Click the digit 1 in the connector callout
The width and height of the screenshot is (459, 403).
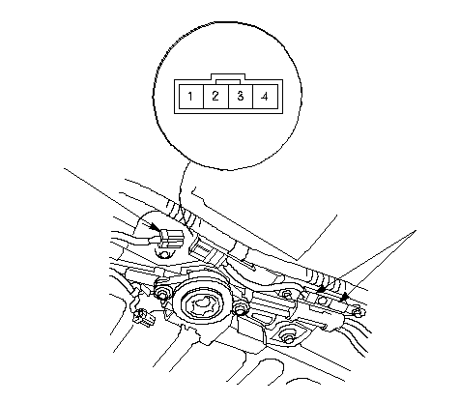point(190,96)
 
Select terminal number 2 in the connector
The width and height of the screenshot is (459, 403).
point(215,96)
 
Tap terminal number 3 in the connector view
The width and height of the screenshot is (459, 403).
point(241,96)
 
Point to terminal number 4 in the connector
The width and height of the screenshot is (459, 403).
point(265,97)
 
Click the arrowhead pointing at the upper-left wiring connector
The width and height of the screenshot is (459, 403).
point(156,227)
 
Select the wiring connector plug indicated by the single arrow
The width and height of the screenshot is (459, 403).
point(171,239)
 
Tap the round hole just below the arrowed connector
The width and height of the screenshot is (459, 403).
point(164,254)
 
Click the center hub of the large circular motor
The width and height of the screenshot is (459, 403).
point(202,303)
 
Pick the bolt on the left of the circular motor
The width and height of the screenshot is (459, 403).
point(161,293)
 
